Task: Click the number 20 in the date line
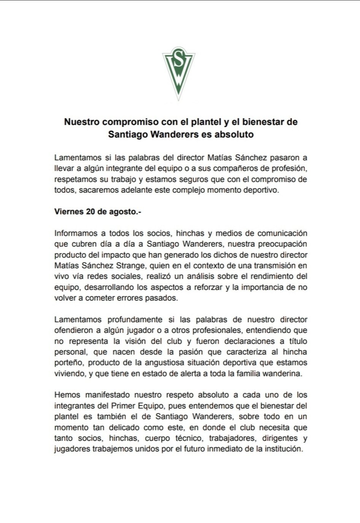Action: [90, 212]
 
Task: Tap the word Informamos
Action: [76, 233]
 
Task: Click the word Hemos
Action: [65, 395]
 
